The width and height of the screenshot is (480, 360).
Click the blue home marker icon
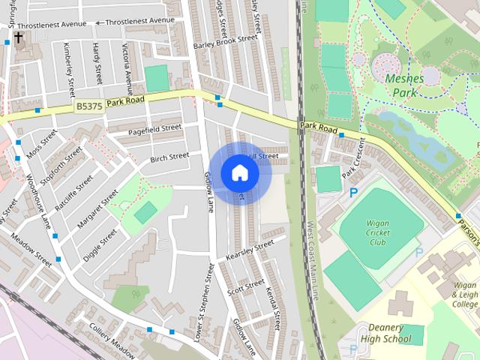tap(240, 172)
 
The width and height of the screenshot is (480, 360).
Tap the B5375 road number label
tap(89, 107)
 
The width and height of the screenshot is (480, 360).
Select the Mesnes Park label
tap(404, 85)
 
